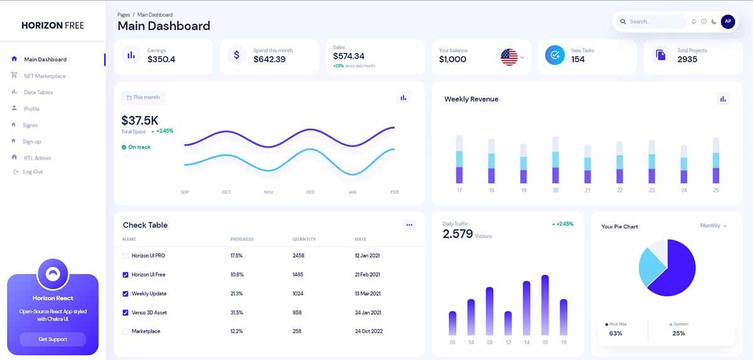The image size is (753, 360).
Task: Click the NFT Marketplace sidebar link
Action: coord(45,76)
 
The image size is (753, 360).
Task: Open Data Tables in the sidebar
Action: coord(38,92)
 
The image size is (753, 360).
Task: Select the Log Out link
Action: coord(33,172)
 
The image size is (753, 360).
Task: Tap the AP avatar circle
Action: coord(727,21)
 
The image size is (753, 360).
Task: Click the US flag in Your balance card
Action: coord(509,57)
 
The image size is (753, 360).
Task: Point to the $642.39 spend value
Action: coord(269,60)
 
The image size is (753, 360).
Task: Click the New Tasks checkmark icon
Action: coord(554,55)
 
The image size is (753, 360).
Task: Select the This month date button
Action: coord(144,98)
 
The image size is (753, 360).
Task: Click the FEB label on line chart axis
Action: coord(394,192)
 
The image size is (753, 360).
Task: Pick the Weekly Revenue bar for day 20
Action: coord(555,161)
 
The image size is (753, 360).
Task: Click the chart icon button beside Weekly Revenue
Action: coord(723,99)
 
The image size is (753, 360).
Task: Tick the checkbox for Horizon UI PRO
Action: coord(125,256)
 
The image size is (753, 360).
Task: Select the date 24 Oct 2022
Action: coord(368,331)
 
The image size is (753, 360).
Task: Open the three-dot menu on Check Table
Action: coord(409,225)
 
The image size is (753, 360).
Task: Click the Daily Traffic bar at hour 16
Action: coord(545,305)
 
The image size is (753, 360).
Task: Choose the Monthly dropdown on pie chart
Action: coord(713,226)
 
